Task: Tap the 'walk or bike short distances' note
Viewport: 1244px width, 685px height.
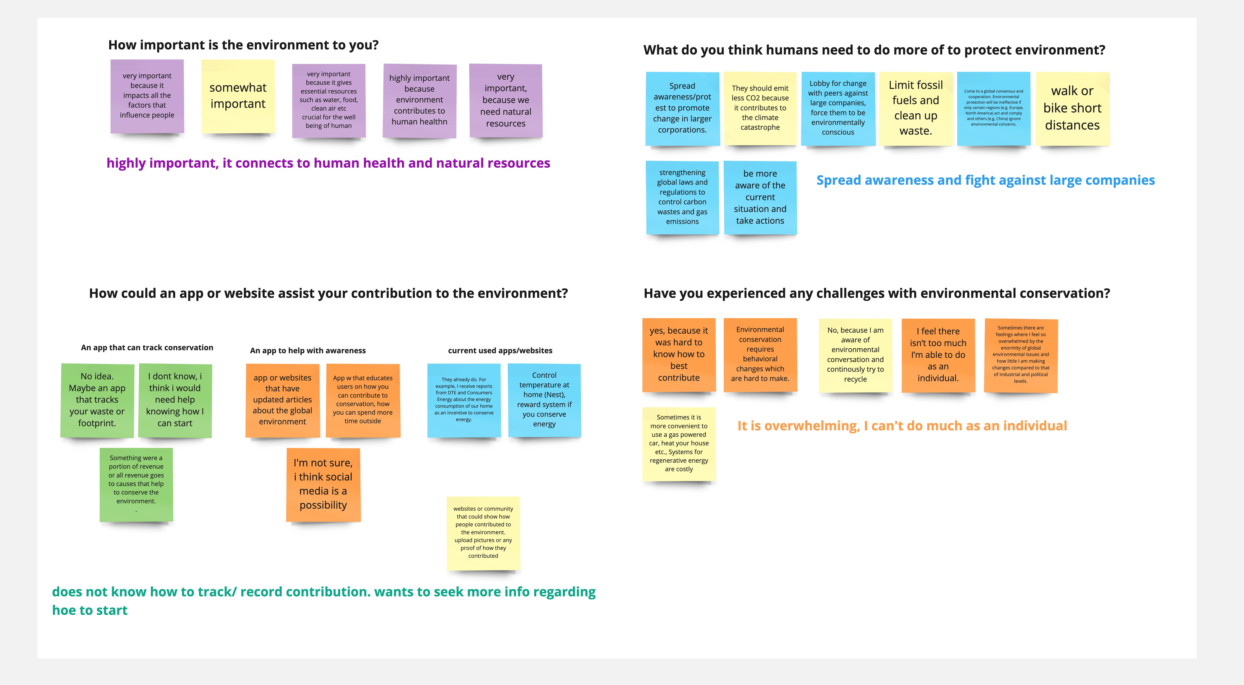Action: [x=1072, y=108]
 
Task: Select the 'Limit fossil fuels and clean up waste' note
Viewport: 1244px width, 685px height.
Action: [x=916, y=108]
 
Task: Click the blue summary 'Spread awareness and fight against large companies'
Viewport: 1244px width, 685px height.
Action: [x=985, y=180]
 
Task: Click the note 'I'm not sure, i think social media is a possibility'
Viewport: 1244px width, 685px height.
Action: [x=323, y=484]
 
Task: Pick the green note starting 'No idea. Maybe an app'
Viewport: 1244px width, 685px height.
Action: [x=97, y=400]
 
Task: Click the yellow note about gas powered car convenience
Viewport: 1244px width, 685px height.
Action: [x=678, y=444]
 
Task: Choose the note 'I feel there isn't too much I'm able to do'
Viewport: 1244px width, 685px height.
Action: [x=938, y=355]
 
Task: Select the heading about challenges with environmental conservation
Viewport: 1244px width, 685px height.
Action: [x=876, y=293]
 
